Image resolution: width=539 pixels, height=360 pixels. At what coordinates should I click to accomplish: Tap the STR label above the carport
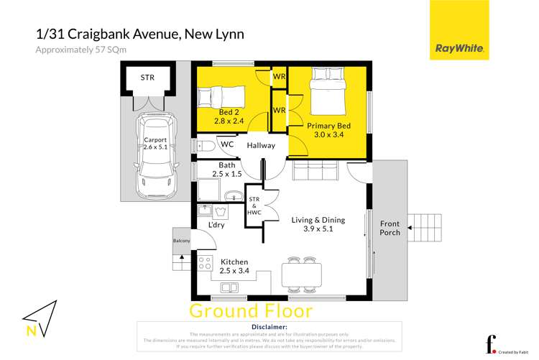(x=147, y=77)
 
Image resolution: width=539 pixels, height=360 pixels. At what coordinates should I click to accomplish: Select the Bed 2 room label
(x=230, y=116)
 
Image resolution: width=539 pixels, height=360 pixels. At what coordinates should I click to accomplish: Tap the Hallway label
(x=260, y=146)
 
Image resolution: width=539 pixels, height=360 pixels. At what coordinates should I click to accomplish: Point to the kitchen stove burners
(x=205, y=262)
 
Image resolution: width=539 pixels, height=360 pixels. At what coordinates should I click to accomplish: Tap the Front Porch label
(x=390, y=229)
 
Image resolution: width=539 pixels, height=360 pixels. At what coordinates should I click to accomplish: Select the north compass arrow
(x=40, y=317)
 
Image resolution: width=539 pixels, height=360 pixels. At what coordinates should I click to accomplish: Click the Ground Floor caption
(x=251, y=311)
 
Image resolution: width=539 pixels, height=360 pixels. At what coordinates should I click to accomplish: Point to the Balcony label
(x=181, y=241)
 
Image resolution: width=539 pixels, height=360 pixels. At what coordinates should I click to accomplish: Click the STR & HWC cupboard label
(x=254, y=206)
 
